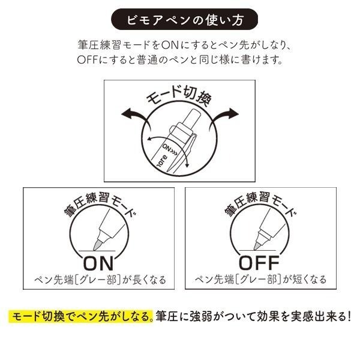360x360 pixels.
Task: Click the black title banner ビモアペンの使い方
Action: pyautogui.click(x=180, y=20)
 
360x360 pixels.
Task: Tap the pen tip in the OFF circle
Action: pyautogui.click(x=259, y=242)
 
